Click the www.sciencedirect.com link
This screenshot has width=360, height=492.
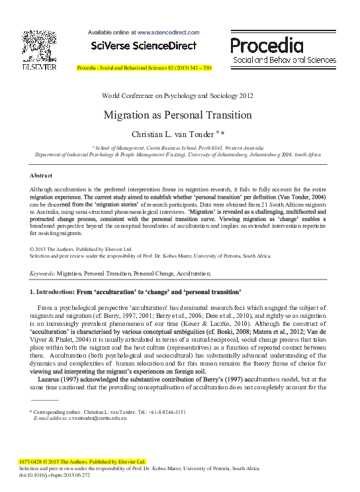point(168,32)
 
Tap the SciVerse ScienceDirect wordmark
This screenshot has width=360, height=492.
point(144,46)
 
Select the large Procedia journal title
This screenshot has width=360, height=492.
point(267,45)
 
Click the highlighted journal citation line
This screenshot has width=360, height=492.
point(144,68)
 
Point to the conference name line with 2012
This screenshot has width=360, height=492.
point(177,95)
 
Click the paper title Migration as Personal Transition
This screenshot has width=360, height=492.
point(177,115)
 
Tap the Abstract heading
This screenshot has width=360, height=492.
point(41,175)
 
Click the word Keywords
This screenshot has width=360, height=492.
point(42,273)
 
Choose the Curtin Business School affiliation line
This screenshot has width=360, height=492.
point(177,148)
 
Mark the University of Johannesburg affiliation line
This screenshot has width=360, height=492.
point(177,154)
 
